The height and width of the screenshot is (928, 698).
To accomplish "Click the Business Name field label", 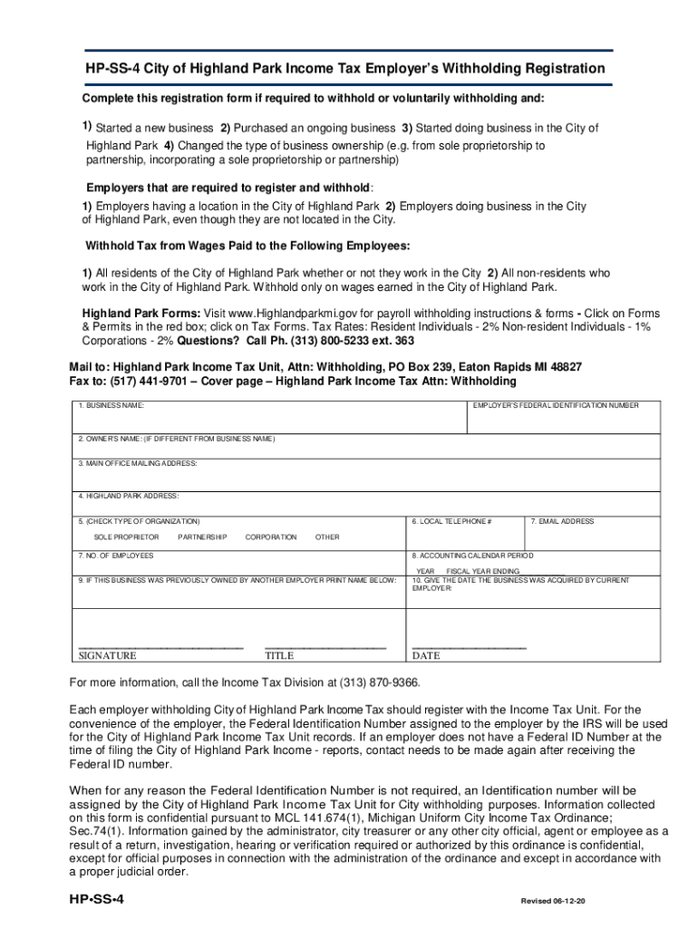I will click(111, 405).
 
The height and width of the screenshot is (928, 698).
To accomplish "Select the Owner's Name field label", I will click(176, 439).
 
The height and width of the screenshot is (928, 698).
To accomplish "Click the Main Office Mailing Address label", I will click(138, 463).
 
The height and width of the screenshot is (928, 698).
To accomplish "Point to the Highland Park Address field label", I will click(129, 496).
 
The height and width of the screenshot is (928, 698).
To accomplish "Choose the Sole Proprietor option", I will click(126, 537).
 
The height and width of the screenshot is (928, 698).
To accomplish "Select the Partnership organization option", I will click(202, 537).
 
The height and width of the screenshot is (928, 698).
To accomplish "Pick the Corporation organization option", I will click(270, 537).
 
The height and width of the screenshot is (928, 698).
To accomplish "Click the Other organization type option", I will click(327, 537).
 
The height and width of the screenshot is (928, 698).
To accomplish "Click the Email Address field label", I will click(562, 522).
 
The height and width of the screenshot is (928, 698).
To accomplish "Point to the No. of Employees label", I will click(116, 555).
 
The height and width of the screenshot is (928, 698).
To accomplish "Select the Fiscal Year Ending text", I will click(483, 571).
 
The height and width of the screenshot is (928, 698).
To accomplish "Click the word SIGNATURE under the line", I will click(107, 655).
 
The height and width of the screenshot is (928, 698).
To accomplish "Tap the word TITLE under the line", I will click(279, 655).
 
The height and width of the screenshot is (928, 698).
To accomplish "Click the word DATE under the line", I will click(425, 655).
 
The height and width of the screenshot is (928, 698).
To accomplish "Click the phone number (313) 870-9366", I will click(379, 681).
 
